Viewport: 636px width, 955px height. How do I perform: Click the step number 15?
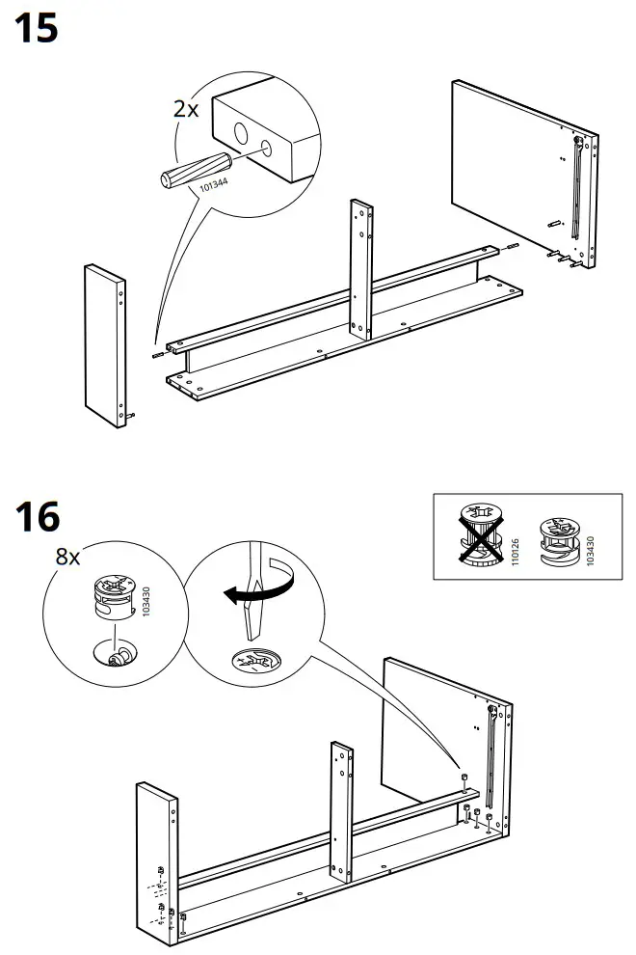[x=36, y=29]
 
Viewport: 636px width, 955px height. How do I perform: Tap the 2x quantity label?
[x=186, y=109]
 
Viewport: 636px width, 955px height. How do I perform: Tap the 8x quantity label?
[x=67, y=556]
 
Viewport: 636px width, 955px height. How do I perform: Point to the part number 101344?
[x=214, y=184]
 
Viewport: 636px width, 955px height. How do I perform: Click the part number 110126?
[x=515, y=551]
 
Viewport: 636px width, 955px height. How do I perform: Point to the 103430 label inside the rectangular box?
[x=590, y=551]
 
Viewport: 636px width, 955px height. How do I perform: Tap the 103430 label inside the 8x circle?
[x=146, y=602]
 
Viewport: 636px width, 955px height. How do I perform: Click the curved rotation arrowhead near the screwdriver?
[x=230, y=595]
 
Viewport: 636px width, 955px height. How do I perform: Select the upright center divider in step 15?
[x=361, y=269]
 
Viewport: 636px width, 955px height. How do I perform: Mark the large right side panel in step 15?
[x=524, y=175]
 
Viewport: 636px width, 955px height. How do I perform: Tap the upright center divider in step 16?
[x=342, y=812]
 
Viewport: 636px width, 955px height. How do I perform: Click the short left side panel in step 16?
[x=157, y=865]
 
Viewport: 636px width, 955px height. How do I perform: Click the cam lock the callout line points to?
[x=464, y=779]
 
